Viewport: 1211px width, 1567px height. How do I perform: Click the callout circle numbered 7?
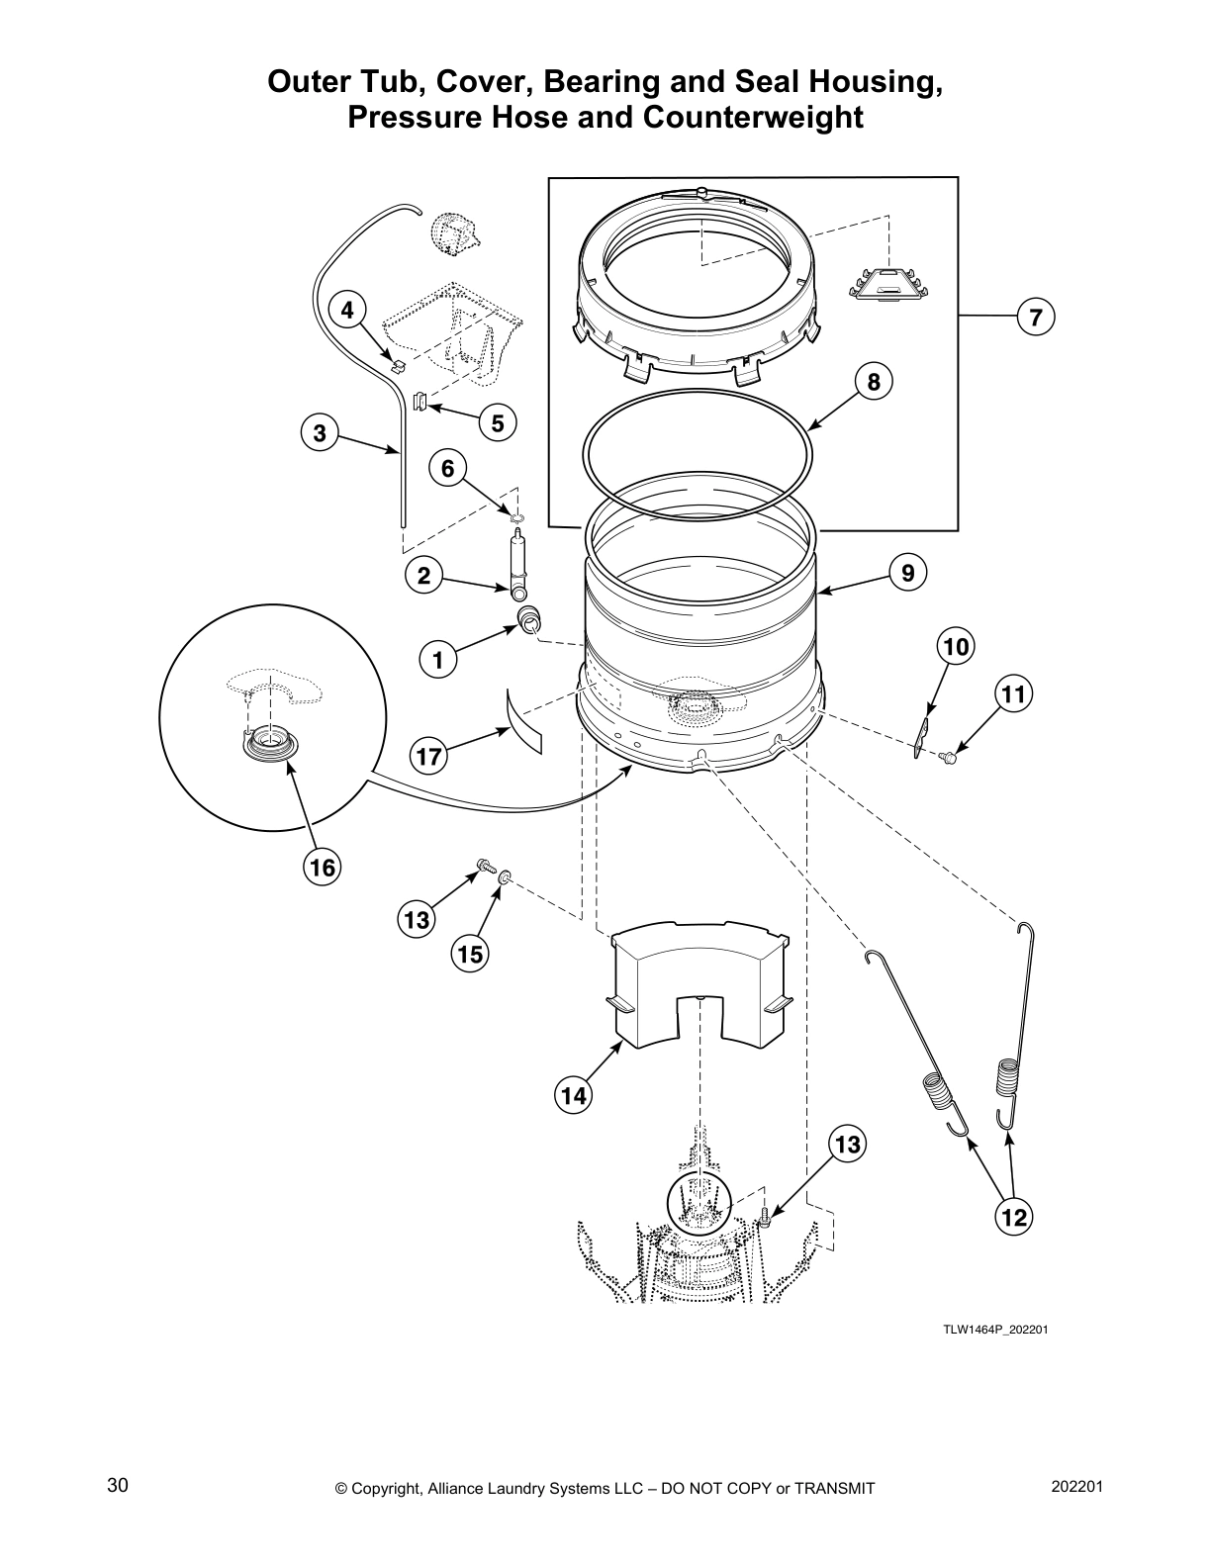pos(1035,318)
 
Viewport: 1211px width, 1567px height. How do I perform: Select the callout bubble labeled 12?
pos(1014,1217)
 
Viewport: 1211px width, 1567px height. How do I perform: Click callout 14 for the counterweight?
pos(573,1095)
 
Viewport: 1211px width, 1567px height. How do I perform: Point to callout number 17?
pos(429,758)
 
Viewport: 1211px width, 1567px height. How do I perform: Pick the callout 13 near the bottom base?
pos(847,1145)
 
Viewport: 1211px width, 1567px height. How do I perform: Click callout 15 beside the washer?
pos(470,954)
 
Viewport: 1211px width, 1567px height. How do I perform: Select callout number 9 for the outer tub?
pos(906,571)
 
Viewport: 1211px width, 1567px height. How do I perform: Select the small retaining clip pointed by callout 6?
pos(516,516)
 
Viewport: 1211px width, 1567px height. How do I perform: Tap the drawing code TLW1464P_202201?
pos(994,1329)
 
